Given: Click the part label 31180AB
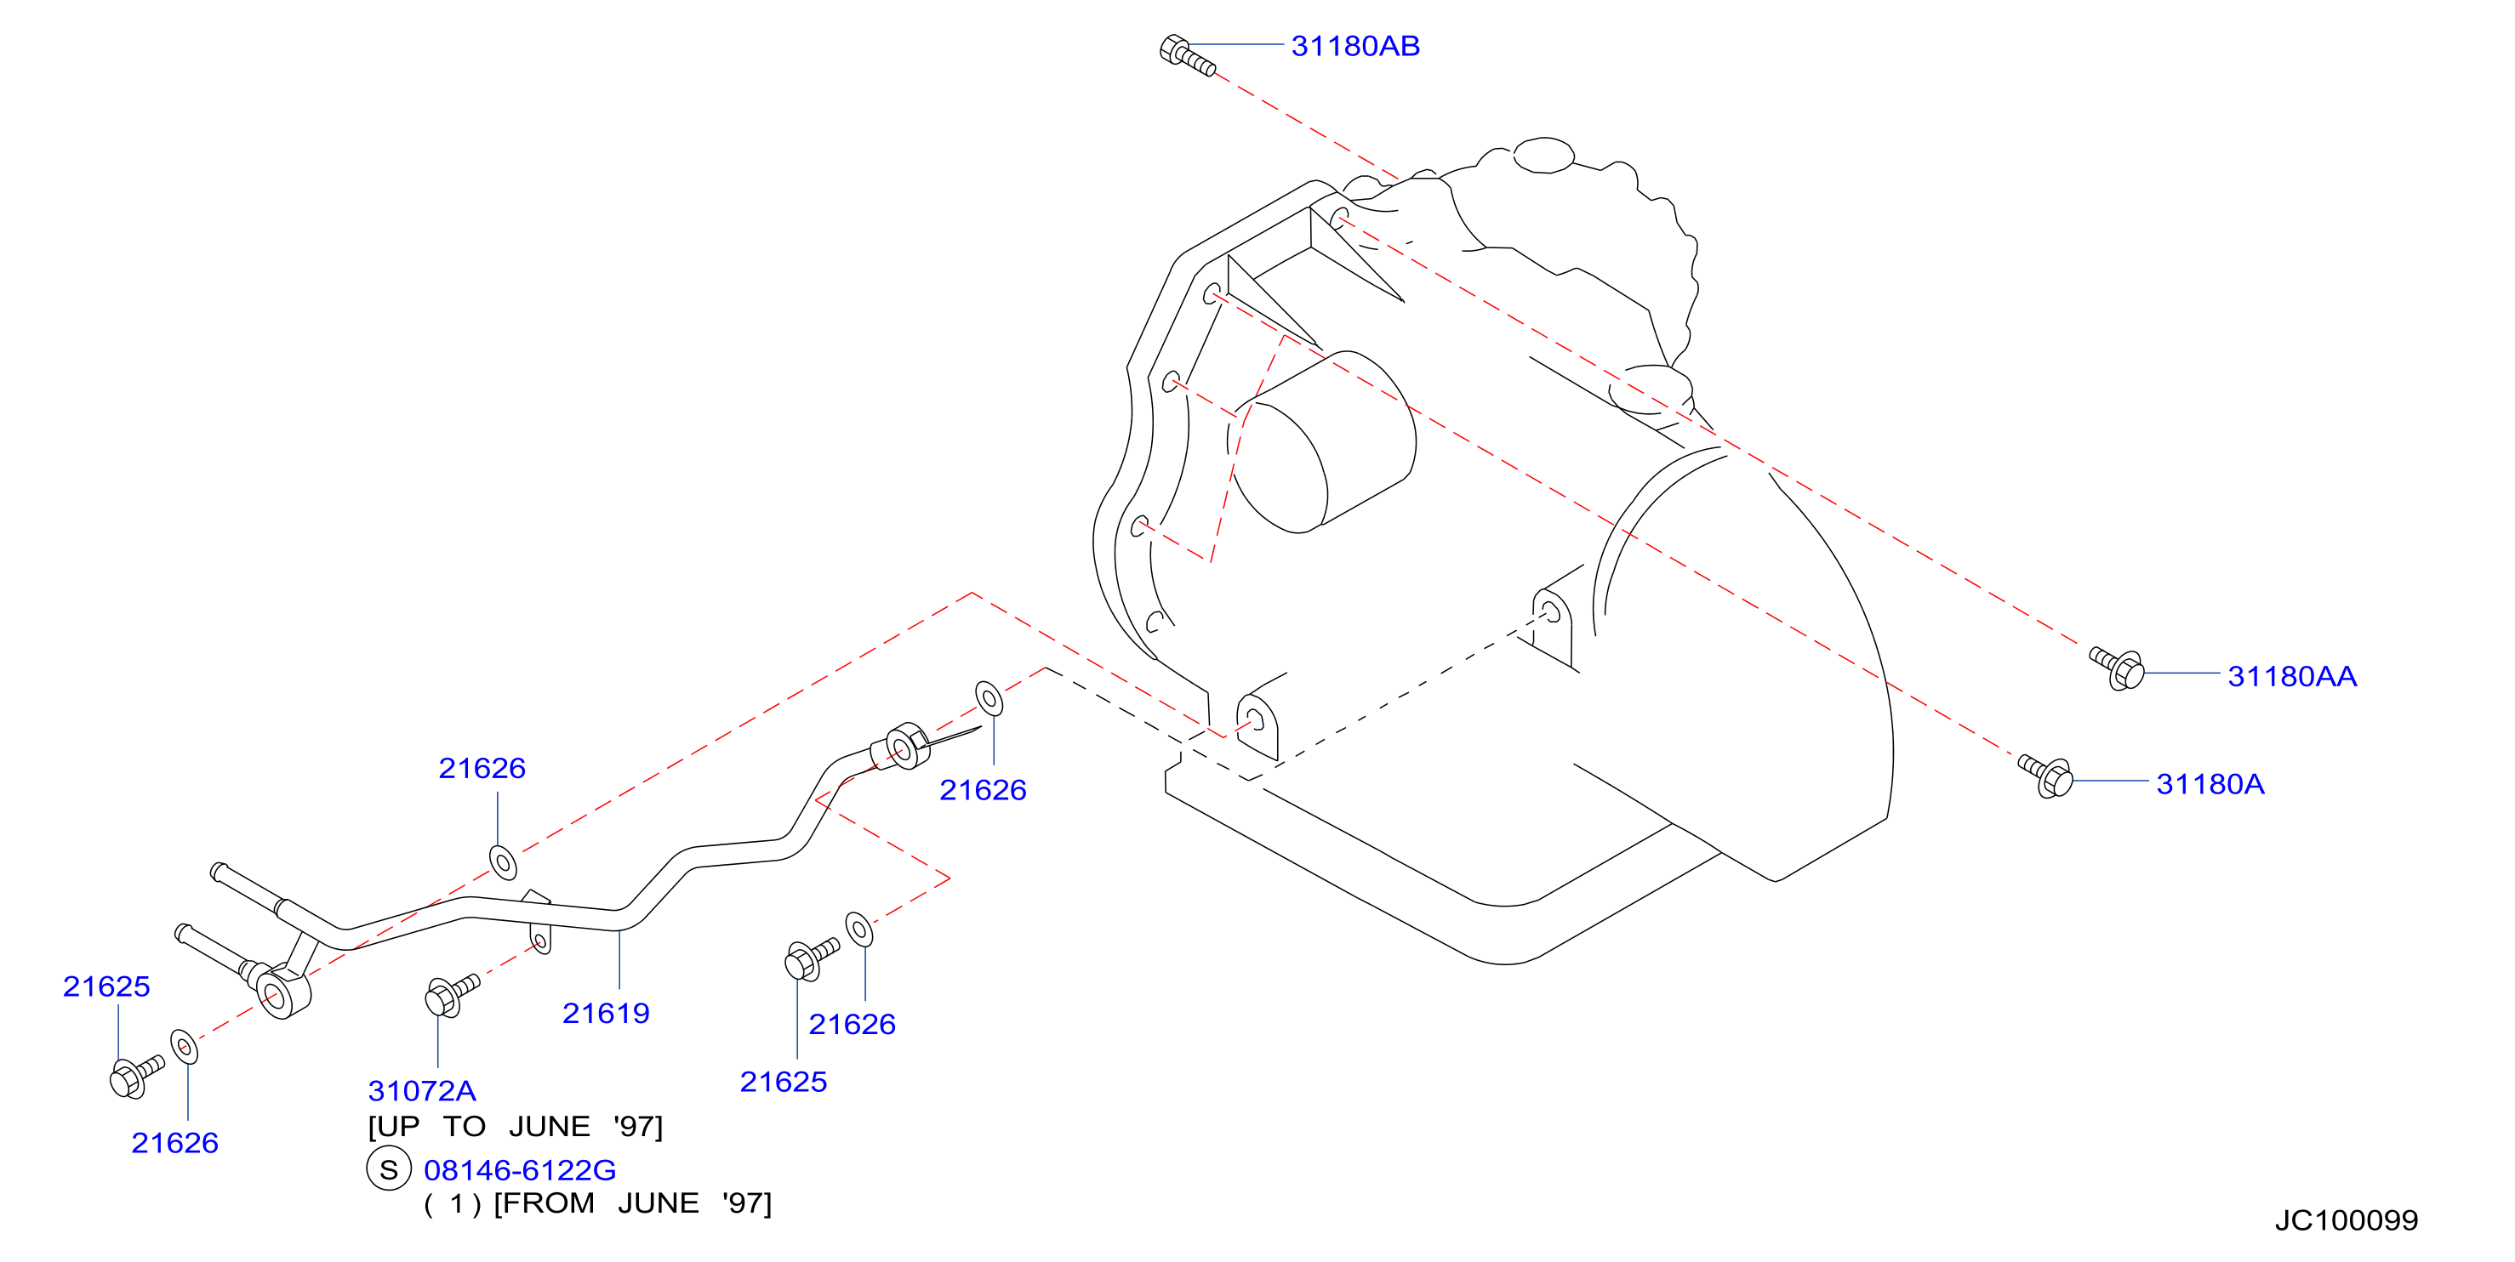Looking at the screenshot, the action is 1355,46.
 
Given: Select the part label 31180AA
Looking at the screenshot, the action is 2291,675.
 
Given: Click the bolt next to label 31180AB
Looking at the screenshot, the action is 1186,54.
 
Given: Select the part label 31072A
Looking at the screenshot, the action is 422,1090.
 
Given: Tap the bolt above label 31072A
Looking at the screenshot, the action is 452,993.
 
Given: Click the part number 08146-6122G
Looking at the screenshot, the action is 519,1169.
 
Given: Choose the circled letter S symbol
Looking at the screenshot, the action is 389,1169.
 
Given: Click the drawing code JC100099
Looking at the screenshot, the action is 2346,1220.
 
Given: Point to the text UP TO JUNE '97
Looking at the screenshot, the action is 516,1126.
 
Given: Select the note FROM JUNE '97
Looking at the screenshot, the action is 633,1203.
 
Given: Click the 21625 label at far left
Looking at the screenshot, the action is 106,986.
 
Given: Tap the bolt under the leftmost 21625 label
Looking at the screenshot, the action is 137,1076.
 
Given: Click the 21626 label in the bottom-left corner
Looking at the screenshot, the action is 174,1142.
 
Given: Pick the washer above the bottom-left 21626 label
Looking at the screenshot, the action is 184,1046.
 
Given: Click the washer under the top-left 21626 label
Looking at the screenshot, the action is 503,863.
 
